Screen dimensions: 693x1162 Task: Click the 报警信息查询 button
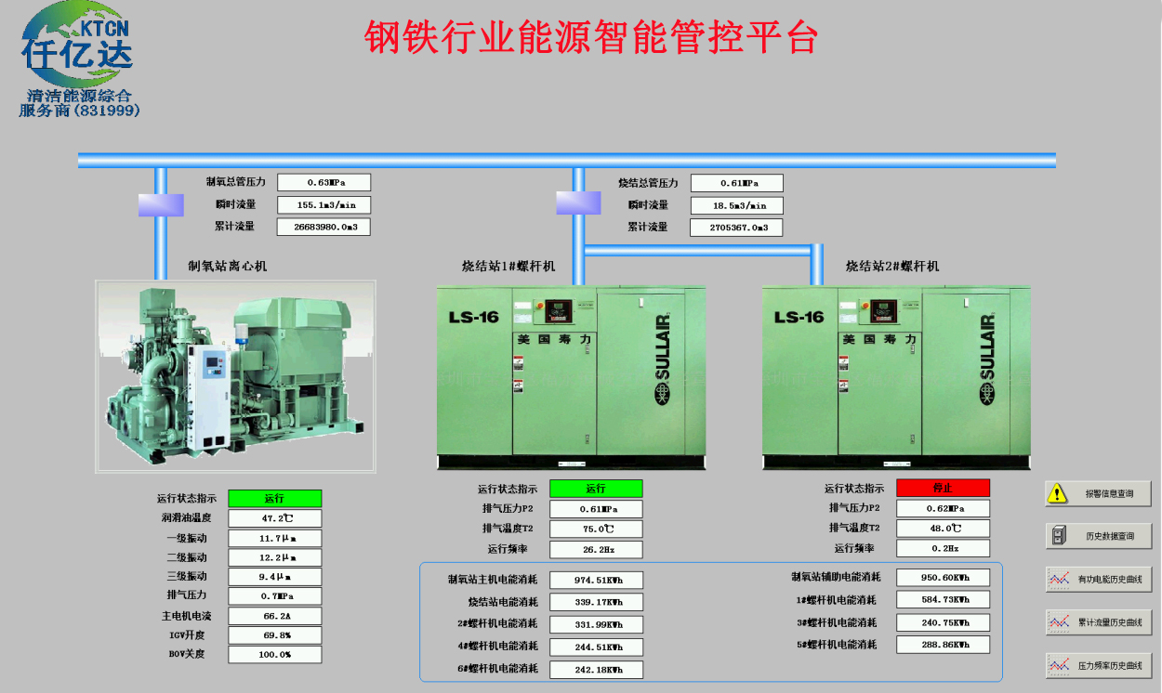(1098, 494)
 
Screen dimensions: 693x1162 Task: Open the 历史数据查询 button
(1098, 536)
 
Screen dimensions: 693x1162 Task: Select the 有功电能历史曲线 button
(1098, 580)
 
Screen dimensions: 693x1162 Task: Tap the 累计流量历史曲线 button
(1098, 622)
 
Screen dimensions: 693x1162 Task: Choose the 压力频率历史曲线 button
(1098, 665)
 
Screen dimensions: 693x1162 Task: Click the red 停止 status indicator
(943, 488)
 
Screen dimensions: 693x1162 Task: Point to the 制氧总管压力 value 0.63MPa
(324, 183)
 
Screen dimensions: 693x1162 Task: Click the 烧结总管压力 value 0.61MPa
(736, 183)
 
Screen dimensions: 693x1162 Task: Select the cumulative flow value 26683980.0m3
(324, 226)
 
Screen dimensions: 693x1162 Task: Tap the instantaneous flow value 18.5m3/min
(736, 205)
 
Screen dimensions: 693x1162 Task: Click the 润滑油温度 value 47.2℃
(275, 518)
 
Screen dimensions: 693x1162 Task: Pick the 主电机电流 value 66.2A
(275, 616)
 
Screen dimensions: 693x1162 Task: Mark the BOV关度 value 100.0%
(275, 654)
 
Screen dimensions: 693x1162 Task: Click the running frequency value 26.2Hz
(596, 549)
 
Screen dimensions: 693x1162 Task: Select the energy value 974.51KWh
(596, 580)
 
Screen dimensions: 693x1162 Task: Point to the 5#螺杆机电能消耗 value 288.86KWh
(943, 644)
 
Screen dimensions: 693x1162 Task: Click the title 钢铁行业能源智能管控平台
(591, 38)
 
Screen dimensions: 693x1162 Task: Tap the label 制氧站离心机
(227, 267)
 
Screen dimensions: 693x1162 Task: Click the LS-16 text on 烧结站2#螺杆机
(799, 317)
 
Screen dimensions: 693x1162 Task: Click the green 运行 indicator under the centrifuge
(275, 499)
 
